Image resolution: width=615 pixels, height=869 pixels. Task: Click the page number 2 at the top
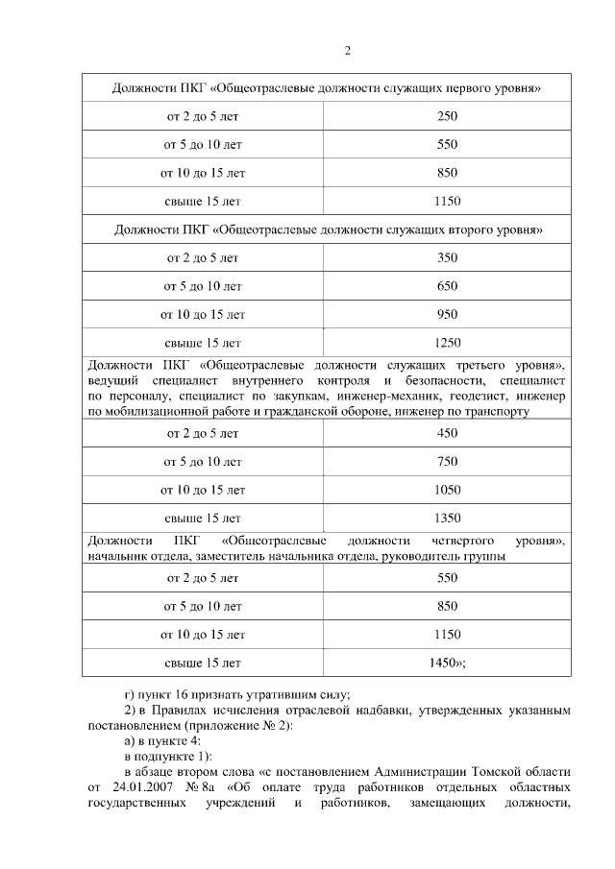348,51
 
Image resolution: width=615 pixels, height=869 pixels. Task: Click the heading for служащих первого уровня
326,88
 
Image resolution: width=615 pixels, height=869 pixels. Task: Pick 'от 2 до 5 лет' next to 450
203,433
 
